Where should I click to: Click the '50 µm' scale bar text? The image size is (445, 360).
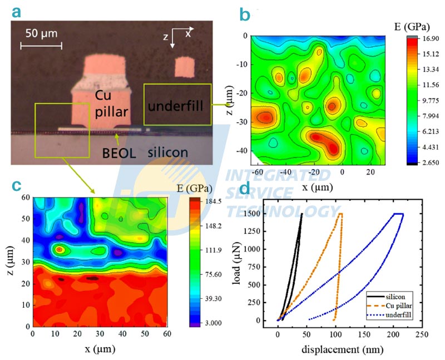click(x=42, y=33)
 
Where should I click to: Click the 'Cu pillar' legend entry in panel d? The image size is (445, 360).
click(x=395, y=305)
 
